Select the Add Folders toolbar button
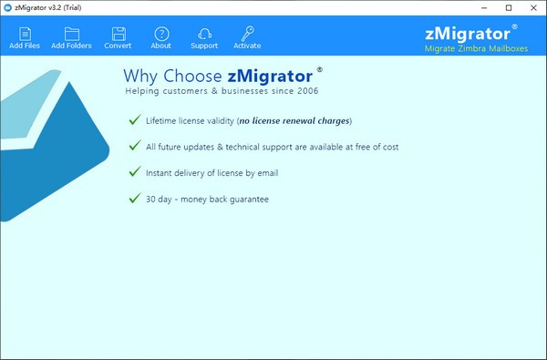(71, 37)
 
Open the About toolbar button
(160, 37)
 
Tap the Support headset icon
(204, 35)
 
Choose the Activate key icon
(247, 35)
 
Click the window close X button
(533, 7)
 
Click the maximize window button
(508, 7)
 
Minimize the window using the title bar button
(482, 7)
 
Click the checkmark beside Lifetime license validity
(136, 119)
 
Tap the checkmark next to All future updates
(136, 146)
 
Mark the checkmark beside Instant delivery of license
(136, 172)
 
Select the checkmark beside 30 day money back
(136, 198)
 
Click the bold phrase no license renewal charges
(294, 120)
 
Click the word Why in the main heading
(139, 75)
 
